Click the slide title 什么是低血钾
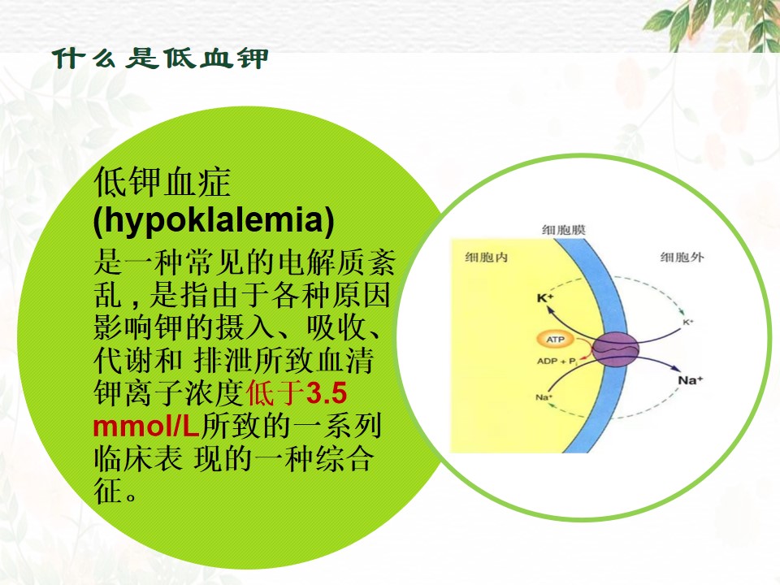tap(160, 58)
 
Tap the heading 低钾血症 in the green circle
tap(162, 183)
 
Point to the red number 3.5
tap(327, 393)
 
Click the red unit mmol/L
tap(146, 427)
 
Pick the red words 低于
tap(276, 393)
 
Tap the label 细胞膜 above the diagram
tap(564, 230)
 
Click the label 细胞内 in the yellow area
tap(486, 258)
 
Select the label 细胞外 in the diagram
tap(682, 258)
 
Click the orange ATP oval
tap(556, 340)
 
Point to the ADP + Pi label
tap(557, 361)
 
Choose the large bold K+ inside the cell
tap(545, 298)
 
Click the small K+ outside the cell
tap(688, 323)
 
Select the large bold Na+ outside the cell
tap(691, 380)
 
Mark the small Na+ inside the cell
tap(544, 397)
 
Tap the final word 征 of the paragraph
tap(108, 491)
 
